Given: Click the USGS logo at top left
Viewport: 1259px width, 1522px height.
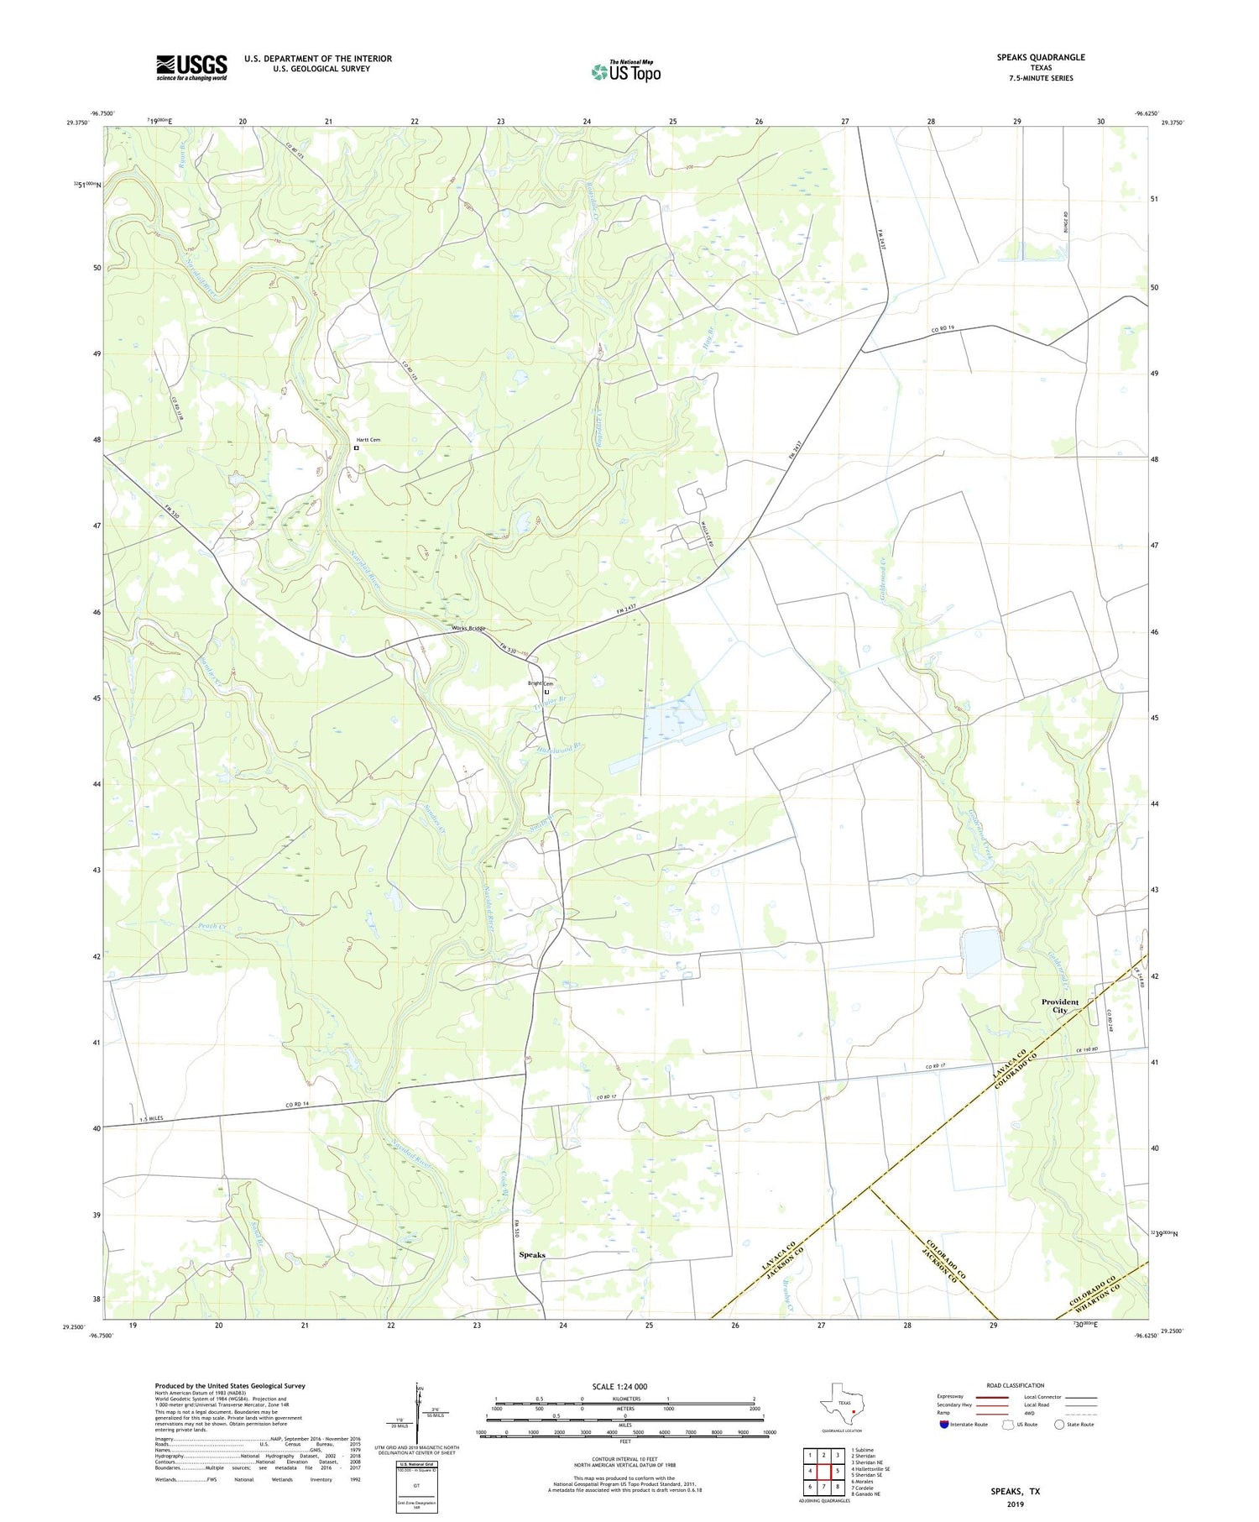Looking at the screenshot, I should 191,67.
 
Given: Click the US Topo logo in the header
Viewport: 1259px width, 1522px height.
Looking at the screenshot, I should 625,71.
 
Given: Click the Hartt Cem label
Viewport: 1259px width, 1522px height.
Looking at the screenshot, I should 368,440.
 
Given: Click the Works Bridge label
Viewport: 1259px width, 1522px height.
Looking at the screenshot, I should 468,629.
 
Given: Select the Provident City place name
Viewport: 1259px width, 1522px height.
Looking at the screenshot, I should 1059,1006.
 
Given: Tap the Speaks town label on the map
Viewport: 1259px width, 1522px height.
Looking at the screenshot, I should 532,1255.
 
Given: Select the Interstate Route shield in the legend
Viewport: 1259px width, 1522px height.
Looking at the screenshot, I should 944,1425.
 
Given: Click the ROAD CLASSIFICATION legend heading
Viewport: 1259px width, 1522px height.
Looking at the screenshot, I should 1016,1385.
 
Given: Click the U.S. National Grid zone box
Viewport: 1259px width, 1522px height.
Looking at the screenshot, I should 416,1486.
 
